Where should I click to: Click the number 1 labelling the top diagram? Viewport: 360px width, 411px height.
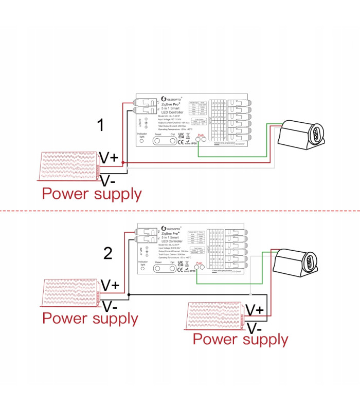(102, 125)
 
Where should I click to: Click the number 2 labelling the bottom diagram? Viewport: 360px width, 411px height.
(108, 253)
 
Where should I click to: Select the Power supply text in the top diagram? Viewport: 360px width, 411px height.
(92, 194)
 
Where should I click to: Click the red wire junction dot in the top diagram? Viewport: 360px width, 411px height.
(123, 163)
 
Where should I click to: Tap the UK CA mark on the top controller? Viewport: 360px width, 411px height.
(181, 136)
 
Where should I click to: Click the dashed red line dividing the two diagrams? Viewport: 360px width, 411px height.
(180, 211)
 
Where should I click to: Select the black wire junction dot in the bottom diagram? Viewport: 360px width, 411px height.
(129, 294)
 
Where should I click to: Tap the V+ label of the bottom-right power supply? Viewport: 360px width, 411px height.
(255, 310)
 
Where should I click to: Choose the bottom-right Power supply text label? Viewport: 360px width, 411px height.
(240, 340)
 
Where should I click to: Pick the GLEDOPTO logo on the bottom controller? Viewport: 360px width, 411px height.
(174, 228)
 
